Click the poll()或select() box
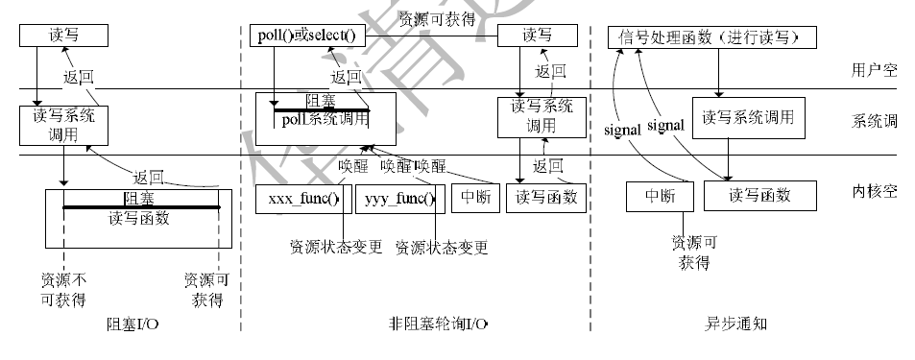(x=306, y=36)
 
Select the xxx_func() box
(x=299, y=199)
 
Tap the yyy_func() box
(x=397, y=199)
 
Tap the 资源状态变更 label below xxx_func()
(x=336, y=248)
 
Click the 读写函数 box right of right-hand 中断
(x=759, y=196)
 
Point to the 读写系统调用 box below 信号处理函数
(x=748, y=117)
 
